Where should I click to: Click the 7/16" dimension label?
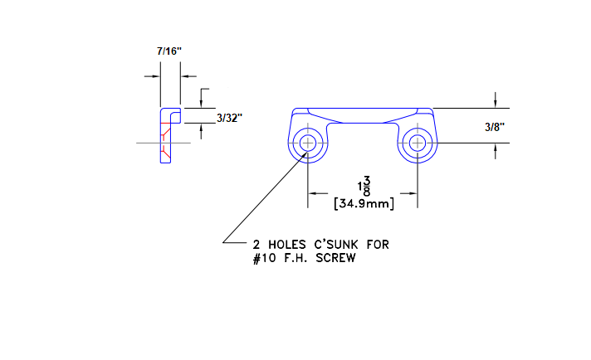[169, 51]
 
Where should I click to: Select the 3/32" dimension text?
[229, 119]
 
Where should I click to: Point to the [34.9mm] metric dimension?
[363, 202]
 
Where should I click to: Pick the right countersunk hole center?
[417, 143]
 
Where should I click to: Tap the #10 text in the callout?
[265, 258]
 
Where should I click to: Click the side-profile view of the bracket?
[167, 136]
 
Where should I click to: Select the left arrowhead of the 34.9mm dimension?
[313, 193]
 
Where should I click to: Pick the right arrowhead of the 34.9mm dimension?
[412, 193]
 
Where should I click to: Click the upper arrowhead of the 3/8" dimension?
[496, 104]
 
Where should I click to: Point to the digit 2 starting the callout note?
[256, 245]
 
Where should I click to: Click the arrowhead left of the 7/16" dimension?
[155, 76]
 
